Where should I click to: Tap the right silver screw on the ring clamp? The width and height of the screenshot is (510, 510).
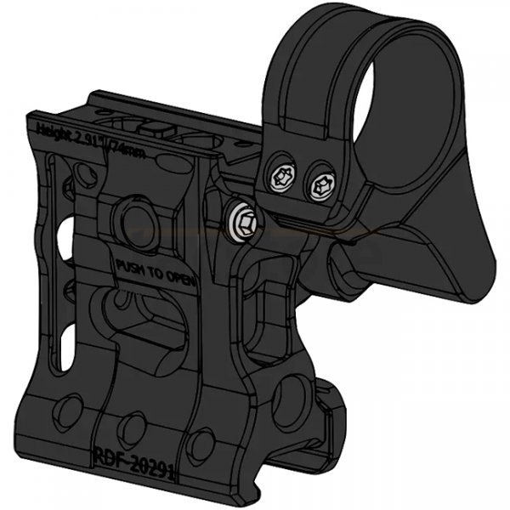[323, 182]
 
